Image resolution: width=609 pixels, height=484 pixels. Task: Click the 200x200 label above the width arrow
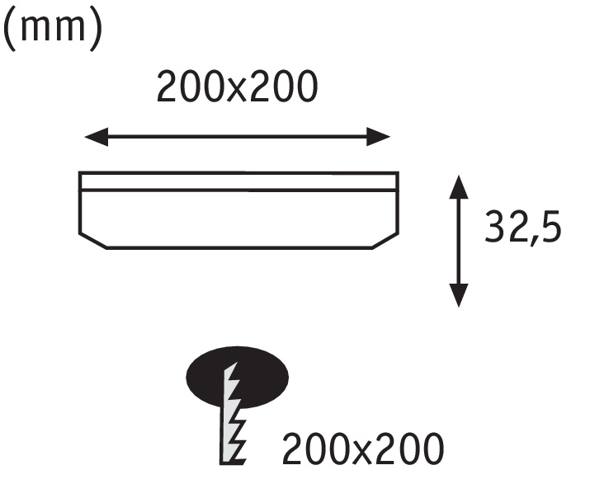238,87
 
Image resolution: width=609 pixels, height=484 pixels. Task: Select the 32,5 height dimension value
523,227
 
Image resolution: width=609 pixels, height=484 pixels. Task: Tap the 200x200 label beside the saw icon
363,449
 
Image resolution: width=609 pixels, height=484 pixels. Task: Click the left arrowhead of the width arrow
97,137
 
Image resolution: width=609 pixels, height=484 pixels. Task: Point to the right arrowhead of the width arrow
378,137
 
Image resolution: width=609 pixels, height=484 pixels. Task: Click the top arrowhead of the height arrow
459,187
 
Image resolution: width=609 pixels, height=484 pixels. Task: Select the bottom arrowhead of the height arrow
459,295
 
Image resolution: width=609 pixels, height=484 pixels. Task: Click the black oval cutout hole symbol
238,377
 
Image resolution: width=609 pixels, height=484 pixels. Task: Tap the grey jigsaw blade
232,414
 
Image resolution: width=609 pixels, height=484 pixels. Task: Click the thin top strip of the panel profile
238,181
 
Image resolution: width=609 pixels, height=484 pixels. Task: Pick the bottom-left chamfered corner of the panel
92,241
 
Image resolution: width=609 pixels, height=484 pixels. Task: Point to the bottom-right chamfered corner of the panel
385,241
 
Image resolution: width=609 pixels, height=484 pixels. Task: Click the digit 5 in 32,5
551,228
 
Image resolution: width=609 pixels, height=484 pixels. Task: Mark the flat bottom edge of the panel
239,247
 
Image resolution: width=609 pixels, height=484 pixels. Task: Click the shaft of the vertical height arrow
459,242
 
